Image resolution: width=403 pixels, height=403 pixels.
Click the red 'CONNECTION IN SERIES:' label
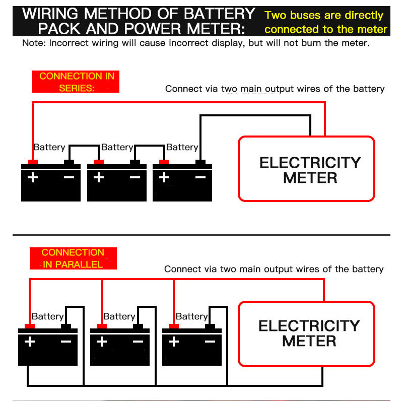[x=76, y=82]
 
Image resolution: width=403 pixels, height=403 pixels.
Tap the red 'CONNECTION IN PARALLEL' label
[x=73, y=258]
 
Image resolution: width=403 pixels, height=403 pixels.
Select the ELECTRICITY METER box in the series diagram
[x=306, y=169]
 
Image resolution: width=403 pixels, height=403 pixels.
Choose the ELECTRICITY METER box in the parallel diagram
[x=306, y=333]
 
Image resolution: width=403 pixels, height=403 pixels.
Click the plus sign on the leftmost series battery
[x=33, y=177]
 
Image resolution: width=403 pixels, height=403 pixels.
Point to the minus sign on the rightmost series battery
[x=200, y=177]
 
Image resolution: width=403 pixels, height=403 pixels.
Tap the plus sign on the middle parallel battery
[x=102, y=342]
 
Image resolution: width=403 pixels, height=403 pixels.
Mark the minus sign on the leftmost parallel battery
[x=66, y=342]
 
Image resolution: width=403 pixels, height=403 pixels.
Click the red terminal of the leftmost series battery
[x=33, y=162]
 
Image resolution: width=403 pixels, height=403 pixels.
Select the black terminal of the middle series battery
[x=135, y=162]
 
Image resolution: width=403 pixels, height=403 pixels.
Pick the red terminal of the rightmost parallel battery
[x=174, y=326]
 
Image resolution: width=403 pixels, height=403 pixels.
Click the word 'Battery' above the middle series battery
[x=117, y=147]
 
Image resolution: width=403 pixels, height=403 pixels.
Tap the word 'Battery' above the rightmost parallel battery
[x=191, y=316]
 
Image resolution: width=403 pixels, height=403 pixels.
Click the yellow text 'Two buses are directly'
[x=324, y=16]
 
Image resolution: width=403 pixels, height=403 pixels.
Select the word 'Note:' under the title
[x=34, y=43]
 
